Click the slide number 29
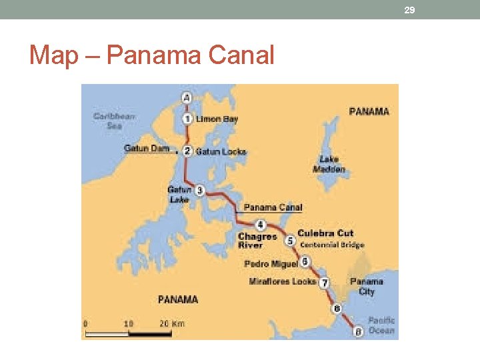[409, 10]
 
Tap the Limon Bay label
[217, 119]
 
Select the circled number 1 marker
[188, 119]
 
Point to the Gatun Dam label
[147, 148]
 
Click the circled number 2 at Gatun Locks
[188, 151]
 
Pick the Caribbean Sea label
[114, 121]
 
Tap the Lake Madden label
[329, 164]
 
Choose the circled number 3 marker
[199, 190]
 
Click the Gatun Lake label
[179, 194]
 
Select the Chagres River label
[257, 241]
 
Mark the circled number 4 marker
[261, 225]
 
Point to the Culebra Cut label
[325, 233]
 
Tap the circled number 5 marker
[289, 240]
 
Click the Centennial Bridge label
[332, 245]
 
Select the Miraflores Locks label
[282, 281]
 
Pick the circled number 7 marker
[324, 283]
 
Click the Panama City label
[367, 287]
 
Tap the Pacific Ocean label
[381, 325]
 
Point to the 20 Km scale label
[172, 324]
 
